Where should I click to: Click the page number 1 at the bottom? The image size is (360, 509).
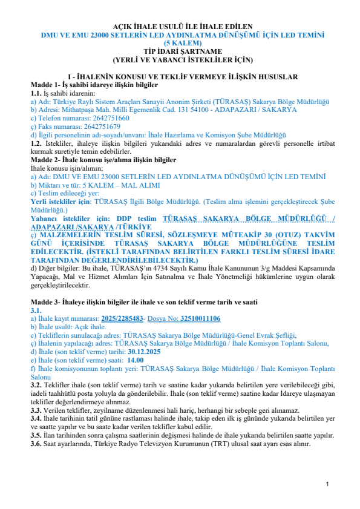tap(326, 484)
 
